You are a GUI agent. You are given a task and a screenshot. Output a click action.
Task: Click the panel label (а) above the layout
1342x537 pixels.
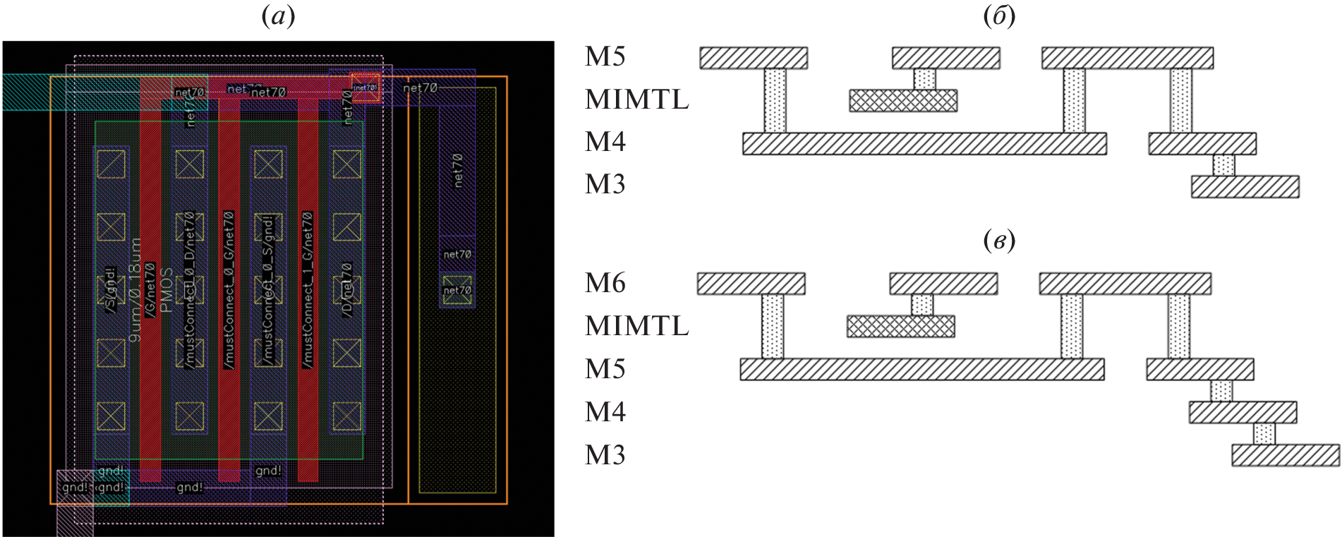click(278, 16)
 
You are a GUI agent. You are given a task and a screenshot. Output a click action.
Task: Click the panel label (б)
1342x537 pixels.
click(999, 16)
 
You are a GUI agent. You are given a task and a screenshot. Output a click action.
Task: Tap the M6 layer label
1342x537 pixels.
click(605, 284)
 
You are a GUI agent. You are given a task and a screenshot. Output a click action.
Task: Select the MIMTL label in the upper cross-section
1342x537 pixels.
click(636, 100)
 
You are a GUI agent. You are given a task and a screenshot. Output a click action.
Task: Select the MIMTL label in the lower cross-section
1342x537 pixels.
click(636, 327)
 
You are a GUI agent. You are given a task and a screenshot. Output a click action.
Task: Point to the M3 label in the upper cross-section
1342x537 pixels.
click(605, 185)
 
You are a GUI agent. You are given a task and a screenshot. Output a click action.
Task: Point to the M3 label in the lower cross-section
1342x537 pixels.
click(605, 456)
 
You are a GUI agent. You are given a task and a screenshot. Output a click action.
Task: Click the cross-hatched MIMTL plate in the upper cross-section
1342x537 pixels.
click(903, 101)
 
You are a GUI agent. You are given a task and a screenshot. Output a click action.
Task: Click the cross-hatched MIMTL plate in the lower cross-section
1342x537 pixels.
click(900, 327)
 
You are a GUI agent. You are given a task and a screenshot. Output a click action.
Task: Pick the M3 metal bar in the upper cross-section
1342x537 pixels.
click(1245, 187)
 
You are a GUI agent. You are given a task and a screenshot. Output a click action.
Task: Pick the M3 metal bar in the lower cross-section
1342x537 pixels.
click(1285, 456)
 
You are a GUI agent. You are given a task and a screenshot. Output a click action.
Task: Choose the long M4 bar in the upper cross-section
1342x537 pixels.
click(924, 144)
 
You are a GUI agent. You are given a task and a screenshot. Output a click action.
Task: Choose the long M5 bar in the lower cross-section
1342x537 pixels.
click(921, 370)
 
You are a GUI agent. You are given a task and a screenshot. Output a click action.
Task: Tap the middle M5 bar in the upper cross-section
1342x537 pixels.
click(945, 58)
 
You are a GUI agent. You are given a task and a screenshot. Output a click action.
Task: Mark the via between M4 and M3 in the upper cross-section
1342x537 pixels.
click(1223, 166)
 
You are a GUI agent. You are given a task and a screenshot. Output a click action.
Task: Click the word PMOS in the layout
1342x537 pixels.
click(167, 289)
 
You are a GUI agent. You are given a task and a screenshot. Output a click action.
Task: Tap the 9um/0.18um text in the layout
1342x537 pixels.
click(135, 289)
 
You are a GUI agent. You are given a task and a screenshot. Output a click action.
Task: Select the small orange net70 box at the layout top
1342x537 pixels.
click(365, 88)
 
